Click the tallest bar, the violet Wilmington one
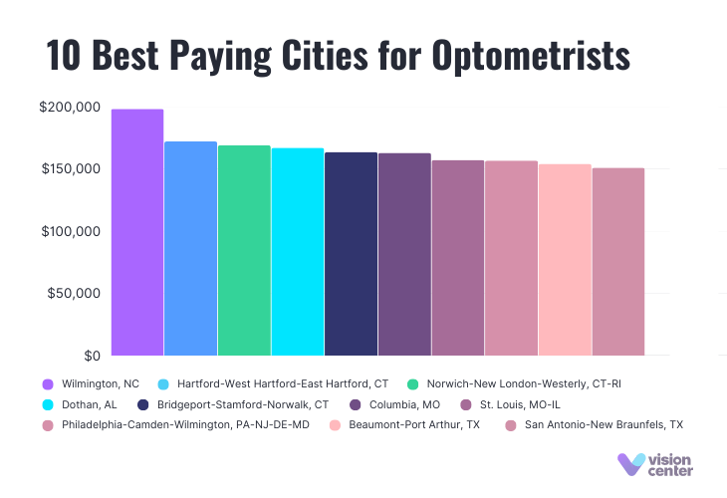coord(137,232)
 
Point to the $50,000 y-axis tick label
coord(76,294)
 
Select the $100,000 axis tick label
coord(72,232)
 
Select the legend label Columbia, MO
coord(403,404)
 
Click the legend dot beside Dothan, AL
coord(48,404)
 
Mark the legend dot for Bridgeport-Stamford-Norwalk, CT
coord(143,404)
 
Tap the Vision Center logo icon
coord(629,463)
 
